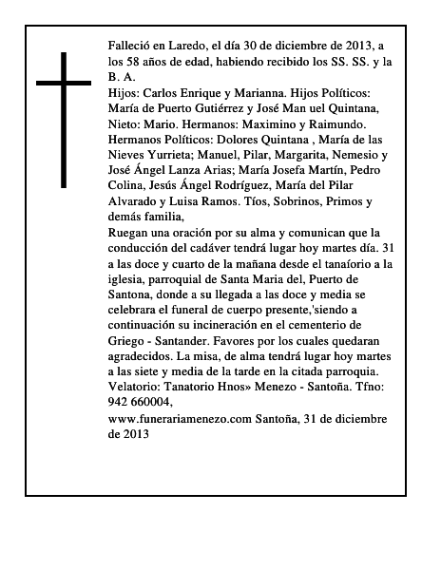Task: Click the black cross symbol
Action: pyautogui.click(x=65, y=119)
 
